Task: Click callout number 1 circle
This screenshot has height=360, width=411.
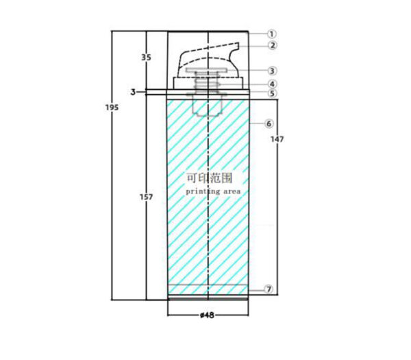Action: (272, 34)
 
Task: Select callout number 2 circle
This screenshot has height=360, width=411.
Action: (273, 45)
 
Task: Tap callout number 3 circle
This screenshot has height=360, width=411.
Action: (272, 71)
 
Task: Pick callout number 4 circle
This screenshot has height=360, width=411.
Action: (272, 84)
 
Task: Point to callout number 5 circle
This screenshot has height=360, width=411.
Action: (272, 93)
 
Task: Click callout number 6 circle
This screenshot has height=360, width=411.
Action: (269, 123)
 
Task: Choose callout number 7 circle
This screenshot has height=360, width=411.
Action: (269, 289)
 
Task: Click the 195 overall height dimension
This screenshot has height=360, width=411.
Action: (112, 108)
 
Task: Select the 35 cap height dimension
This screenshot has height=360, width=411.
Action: (147, 57)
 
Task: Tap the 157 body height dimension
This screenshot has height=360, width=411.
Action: (146, 197)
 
